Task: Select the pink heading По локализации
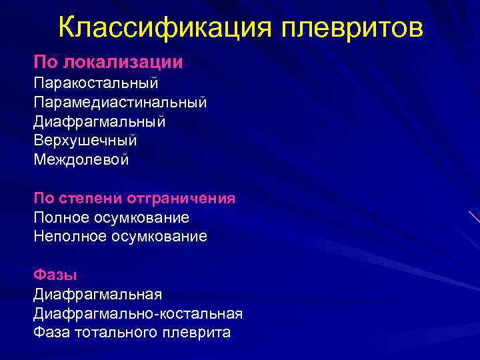[x=108, y=62]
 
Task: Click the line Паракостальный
[x=95, y=84]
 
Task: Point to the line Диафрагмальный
[x=99, y=122]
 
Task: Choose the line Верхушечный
[x=85, y=141]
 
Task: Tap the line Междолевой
[x=81, y=160]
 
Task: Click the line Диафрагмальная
[x=97, y=294]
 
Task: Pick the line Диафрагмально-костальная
[x=137, y=313]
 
